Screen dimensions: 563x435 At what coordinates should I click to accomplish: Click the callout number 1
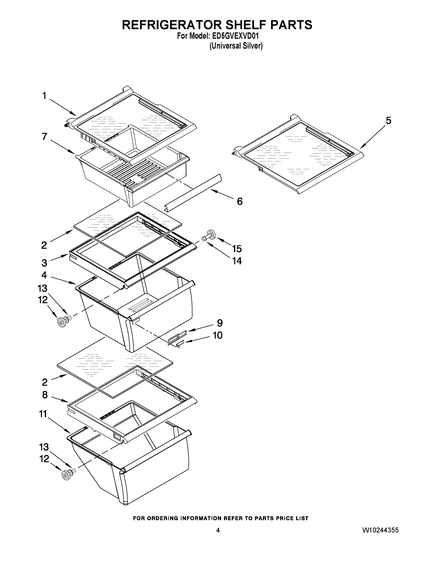(44, 96)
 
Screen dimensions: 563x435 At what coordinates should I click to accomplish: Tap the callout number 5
(388, 120)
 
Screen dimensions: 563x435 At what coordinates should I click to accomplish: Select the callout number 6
(240, 201)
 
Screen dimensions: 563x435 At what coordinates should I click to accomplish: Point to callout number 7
(45, 137)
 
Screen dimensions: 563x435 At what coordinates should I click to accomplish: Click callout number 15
(237, 249)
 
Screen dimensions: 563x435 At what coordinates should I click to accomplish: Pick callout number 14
(237, 261)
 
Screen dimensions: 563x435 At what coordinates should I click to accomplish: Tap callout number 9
(219, 323)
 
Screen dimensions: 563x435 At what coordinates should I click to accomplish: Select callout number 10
(218, 335)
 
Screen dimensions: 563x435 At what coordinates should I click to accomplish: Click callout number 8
(45, 395)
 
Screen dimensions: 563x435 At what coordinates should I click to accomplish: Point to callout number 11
(43, 414)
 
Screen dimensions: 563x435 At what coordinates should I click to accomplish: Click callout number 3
(44, 263)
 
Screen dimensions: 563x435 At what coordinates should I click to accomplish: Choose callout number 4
(44, 275)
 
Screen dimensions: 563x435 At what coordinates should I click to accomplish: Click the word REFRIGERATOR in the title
(171, 25)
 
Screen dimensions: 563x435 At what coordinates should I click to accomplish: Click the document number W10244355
(380, 530)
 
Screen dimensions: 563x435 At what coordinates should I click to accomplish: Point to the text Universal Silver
(236, 46)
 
